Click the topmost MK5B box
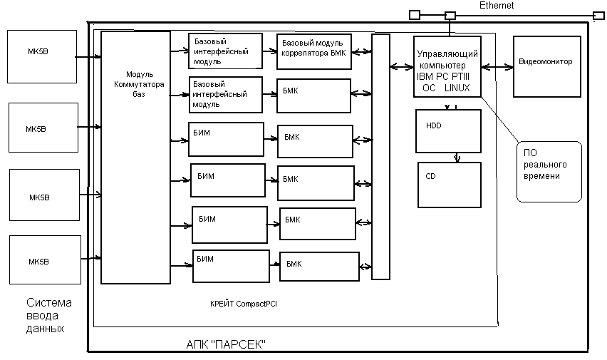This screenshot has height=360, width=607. (42, 56)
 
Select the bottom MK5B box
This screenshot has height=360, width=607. (42, 261)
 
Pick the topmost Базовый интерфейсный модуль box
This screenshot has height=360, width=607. (225, 51)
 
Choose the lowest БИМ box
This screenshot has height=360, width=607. (231, 266)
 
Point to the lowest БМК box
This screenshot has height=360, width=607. (318, 266)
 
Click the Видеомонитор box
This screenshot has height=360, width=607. (545, 66)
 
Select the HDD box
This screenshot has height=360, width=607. (448, 131)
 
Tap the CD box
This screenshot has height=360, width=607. (449, 185)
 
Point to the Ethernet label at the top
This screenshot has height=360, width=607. (496, 6)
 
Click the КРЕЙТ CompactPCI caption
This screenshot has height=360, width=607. (244, 304)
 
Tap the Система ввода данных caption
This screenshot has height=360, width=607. (48, 316)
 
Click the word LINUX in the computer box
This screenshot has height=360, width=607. (457, 88)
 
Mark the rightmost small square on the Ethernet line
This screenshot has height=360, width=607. (597, 14)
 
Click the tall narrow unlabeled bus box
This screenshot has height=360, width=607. (381, 157)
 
